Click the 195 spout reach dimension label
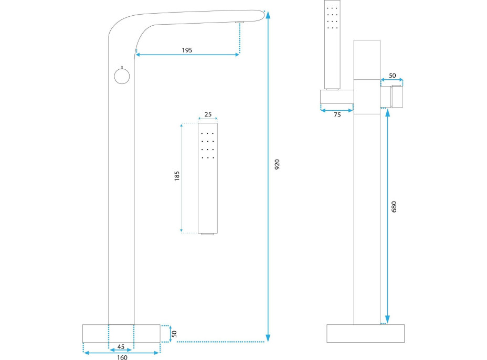coord(187,50)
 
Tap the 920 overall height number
coord(278,164)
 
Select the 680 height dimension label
coord(395,206)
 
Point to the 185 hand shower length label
coord(177,177)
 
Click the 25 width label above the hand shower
coord(208,114)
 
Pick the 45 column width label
coord(121,347)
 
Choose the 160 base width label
coord(122,358)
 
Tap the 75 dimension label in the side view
coord(337,115)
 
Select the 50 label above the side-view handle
coord(393,76)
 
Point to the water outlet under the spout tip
coord(240,23)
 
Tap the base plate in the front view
coord(121,333)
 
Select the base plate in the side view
coord(366,333)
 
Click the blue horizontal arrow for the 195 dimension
coord(187,55)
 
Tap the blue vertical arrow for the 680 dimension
coord(387,215)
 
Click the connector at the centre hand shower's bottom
coord(208,234)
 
